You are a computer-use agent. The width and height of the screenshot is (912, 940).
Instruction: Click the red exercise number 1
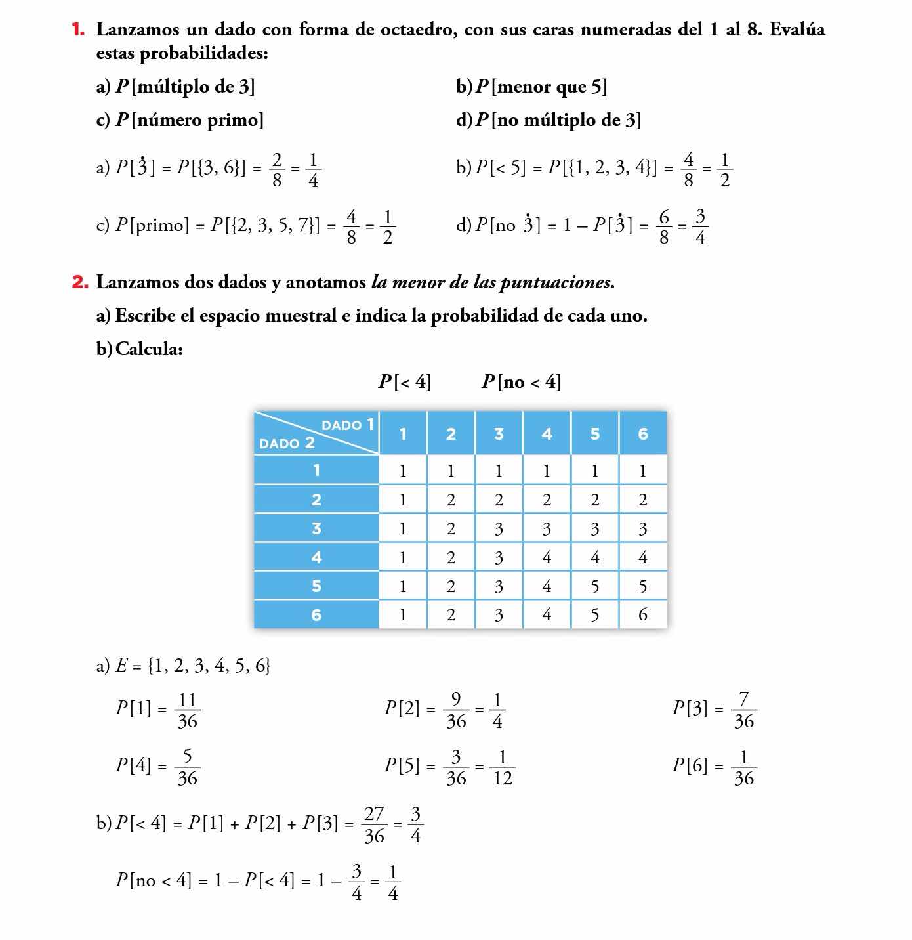click(x=79, y=30)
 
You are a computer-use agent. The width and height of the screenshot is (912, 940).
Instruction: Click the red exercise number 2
click(x=80, y=282)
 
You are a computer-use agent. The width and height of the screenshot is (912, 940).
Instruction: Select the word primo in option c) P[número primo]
click(x=235, y=120)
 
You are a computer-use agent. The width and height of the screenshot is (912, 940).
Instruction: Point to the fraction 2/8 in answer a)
click(x=277, y=170)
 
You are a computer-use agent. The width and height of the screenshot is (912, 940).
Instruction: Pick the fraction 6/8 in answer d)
click(x=664, y=226)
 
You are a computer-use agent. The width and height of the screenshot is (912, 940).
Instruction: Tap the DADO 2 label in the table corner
click(x=287, y=443)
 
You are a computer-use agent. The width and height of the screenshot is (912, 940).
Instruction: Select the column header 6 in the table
click(x=642, y=434)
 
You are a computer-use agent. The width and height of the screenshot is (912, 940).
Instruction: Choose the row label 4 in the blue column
click(x=316, y=557)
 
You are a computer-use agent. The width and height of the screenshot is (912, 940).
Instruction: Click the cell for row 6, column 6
click(x=642, y=614)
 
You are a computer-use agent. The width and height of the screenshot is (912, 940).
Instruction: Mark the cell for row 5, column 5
click(x=594, y=586)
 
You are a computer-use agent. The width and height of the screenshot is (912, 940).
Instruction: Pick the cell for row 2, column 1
click(x=403, y=500)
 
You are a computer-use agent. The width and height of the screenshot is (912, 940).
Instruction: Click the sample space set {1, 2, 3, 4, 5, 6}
click(x=209, y=666)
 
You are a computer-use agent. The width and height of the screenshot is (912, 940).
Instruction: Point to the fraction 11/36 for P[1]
click(x=187, y=710)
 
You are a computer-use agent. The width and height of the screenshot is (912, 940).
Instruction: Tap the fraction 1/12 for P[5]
click(x=502, y=767)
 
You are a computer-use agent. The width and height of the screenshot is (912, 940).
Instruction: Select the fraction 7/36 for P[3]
click(x=743, y=710)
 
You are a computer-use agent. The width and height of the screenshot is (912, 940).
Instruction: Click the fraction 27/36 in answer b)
click(x=374, y=824)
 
